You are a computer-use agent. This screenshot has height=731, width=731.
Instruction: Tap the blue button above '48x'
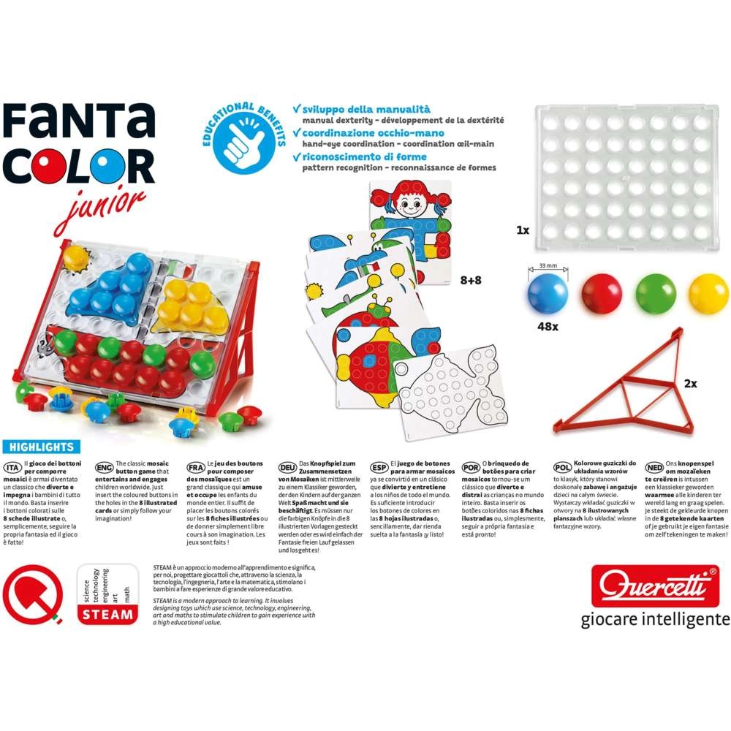pos(547,292)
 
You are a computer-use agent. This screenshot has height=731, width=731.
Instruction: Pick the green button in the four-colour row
pos(655,293)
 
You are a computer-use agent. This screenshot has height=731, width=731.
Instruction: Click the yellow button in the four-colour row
pos(708,293)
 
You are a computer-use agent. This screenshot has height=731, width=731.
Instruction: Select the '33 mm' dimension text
pos(547,268)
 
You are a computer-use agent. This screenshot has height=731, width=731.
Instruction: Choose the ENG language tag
pos(102,466)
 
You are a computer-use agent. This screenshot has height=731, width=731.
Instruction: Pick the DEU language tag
pos(287,466)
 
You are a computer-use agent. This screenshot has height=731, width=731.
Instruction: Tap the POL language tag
pos(561,466)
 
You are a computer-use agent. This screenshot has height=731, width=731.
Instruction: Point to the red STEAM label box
pos(106,615)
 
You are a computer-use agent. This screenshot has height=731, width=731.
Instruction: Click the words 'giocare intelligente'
pos(655,619)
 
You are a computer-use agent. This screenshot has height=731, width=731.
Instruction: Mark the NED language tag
pos(653,466)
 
